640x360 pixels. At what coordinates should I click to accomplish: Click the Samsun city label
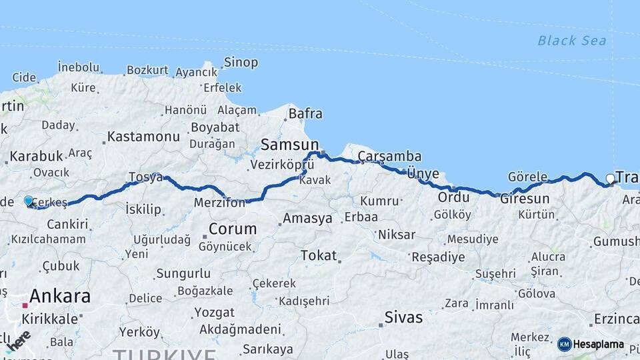point(289,144)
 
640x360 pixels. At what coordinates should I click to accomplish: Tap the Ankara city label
point(59,296)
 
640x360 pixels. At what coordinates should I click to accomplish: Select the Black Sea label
point(572,41)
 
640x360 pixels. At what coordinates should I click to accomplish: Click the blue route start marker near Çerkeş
point(29,201)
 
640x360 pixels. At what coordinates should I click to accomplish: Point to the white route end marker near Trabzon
point(610,179)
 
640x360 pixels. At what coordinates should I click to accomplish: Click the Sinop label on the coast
point(241,63)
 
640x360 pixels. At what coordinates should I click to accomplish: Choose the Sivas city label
point(403,317)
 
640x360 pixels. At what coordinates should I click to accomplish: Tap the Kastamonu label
point(143,137)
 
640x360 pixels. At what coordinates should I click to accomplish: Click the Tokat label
point(318,255)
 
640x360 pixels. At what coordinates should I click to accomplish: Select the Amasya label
point(307,219)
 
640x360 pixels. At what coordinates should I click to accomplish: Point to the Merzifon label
point(219,203)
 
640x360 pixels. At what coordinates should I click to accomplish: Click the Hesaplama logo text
point(598,345)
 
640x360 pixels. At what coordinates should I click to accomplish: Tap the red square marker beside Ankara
point(25,305)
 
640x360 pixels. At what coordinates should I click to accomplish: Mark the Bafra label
point(305,114)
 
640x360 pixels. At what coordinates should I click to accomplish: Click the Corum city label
point(232,229)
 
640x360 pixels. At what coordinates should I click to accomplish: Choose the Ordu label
point(454,198)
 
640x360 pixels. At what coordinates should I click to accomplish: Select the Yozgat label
point(214,312)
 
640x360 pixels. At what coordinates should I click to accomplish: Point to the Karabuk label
point(37,156)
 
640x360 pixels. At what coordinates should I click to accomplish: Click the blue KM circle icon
point(564,344)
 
